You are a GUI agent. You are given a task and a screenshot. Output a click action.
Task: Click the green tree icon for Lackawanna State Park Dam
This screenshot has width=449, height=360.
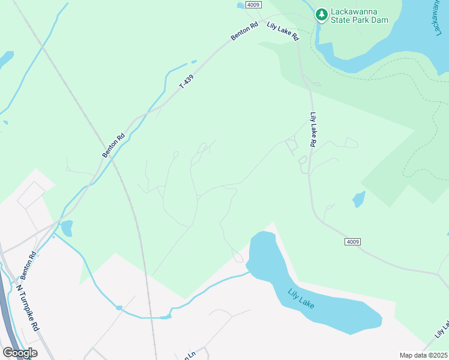coord(322,13)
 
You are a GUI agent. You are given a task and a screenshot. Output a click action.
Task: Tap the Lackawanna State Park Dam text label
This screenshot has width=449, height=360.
coord(360,16)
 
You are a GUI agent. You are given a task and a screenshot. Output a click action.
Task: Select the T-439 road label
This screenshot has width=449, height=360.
coord(187,82)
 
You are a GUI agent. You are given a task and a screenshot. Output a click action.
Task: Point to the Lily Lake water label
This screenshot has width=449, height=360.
coord(301,298)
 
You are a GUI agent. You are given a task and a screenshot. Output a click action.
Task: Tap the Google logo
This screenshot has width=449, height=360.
coord(20,353)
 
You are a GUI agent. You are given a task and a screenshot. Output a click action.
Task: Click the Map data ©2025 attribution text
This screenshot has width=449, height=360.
coord(423,355)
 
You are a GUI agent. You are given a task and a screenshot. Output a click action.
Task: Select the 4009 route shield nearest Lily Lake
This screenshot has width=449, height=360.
coord(353,242)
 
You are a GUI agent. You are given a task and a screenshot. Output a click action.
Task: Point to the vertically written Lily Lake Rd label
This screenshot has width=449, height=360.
coord(313,130)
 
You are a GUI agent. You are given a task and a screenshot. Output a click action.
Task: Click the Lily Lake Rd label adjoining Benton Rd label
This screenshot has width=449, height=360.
coord(283,31)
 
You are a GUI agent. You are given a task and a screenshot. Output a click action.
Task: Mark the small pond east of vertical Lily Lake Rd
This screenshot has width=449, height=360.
coord(359,199)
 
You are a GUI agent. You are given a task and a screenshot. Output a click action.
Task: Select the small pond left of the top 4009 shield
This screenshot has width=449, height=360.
coord(241,5)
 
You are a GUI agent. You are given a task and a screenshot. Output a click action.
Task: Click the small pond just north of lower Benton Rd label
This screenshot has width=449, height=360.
coord(66,228)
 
